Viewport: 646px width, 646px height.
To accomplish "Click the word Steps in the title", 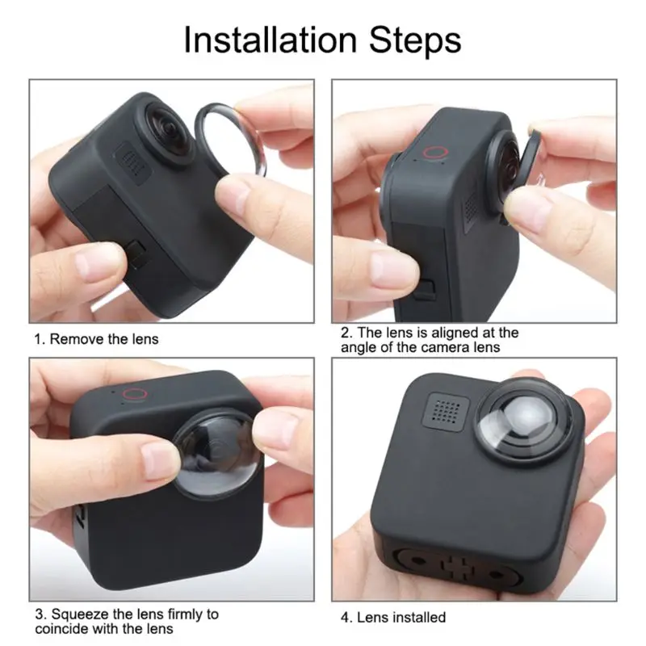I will click(416, 40).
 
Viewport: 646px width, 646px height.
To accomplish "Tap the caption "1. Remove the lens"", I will click(96, 338).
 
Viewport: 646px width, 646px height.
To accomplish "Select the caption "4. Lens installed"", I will click(392, 617).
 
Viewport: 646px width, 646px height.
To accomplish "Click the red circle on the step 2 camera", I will click(436, 153).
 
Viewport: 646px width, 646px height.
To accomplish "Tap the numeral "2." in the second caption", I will click(346, 333).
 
